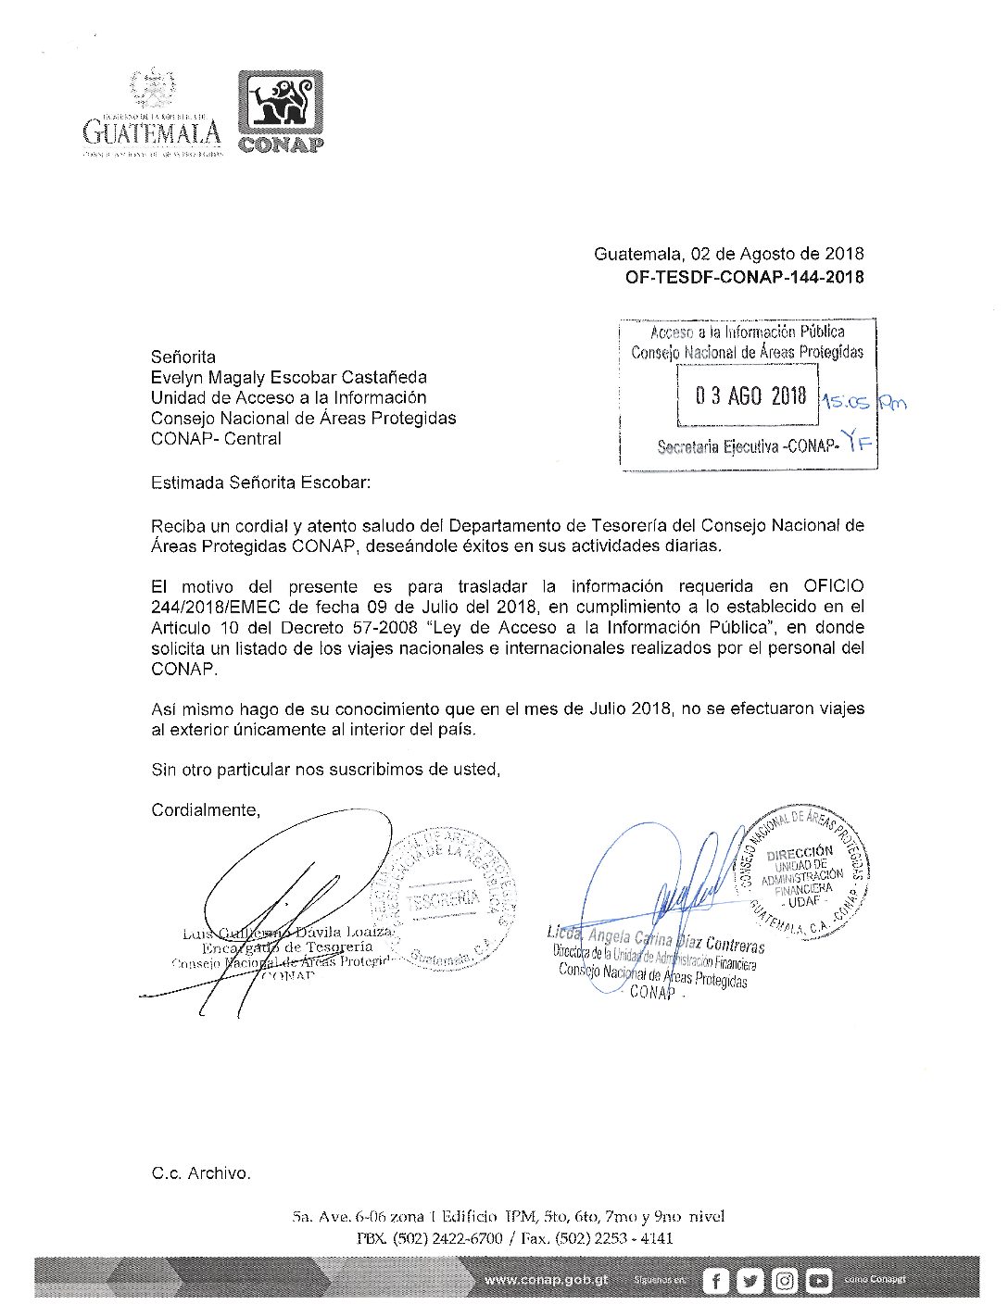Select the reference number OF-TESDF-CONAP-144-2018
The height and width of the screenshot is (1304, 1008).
pyautogui.click(x=745, y=277)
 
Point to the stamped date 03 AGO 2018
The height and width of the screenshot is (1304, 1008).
pyautogui.click(x=750, y=396)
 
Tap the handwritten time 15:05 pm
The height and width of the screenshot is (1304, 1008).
pyautogui.click(x=864, y=402)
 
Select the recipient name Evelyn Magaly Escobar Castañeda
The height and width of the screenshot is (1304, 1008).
pyautogui.click(x=289, y=377)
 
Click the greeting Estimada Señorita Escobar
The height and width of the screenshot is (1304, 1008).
pyautogui.click(x=260, y=483)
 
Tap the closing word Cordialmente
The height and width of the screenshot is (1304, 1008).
pyautogui.click(x=206, y=810)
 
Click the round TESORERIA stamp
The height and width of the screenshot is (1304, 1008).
pyautogui.click(x=445, y=898)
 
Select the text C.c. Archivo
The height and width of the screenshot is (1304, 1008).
pyautogui.click(x=201, y=1173)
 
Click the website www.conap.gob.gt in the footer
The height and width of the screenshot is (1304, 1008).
pyautogui.click(x=547, y=1280)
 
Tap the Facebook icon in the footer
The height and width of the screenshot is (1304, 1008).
pyautogui.click(x=715, y=1281)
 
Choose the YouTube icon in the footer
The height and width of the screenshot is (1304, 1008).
pyautogui.click(x=818, y=1281)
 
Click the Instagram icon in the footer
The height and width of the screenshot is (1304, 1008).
pyautogui.click(x=784, y=1281)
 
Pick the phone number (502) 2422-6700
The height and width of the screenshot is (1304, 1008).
pyautogui.click(x=447, y=1238)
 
